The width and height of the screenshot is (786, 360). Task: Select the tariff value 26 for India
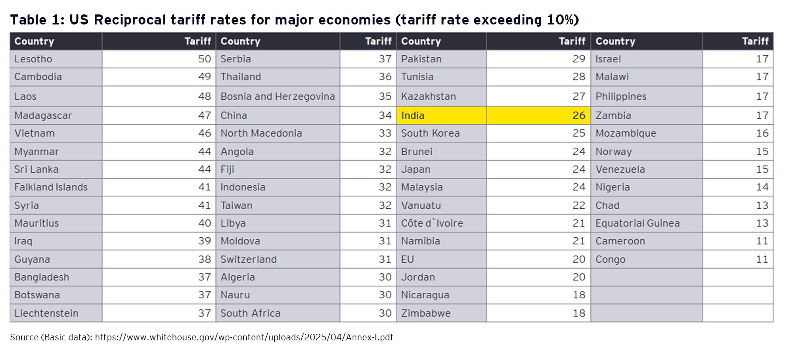tap(579, 115)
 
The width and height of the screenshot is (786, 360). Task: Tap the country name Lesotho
tap(33, 59)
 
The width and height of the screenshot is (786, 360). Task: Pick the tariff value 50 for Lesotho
tap(204, 59)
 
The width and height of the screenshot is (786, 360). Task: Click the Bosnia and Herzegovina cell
tap(277, 96)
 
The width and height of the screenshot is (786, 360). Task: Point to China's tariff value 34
tap(385, 115)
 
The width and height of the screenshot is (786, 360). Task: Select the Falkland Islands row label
tap(51, 187)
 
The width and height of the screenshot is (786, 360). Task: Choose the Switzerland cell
tap(248, 259)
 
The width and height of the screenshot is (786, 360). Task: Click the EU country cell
tap(407, 259)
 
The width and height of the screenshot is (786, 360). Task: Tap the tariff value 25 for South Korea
tap(579, 133)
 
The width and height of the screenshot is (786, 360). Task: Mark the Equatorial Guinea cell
tap(637, 223)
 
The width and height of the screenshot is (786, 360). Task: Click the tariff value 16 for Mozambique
tap(762, 133)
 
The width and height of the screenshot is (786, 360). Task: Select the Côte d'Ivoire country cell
tap(432, 223)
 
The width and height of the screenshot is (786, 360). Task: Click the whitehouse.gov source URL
tap(244, 337)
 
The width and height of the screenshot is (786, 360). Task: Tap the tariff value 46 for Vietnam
tap(204, 133)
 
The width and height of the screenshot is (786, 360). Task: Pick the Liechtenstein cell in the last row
tap(46, 313)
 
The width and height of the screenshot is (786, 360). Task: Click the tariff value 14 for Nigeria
tap(762, 187)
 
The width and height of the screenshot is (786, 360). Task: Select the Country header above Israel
tap(615, 41)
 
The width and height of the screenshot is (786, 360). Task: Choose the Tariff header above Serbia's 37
tap(378, 41)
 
